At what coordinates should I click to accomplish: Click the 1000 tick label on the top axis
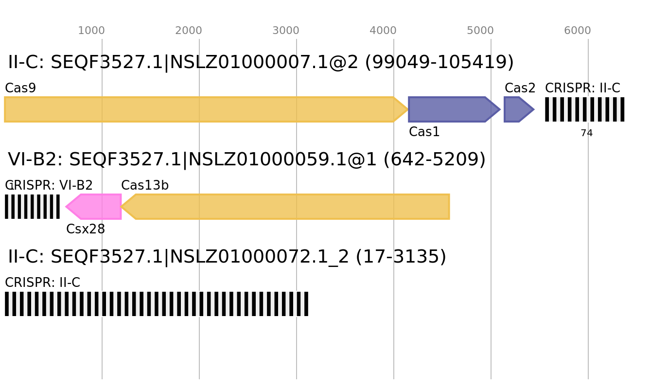point(91,31)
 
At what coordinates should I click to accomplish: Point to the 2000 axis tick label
point(189,31)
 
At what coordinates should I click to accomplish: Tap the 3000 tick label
point(286,31)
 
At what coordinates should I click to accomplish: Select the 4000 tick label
point(383,31)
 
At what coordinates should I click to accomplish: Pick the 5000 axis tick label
point(480,31)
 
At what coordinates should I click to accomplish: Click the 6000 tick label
point(578,31)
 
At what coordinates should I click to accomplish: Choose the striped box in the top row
point(584,109)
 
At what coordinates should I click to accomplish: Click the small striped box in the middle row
point(32,207)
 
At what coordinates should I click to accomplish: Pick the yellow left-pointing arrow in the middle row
point(287,207)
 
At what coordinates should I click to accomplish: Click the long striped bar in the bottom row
point(157,304)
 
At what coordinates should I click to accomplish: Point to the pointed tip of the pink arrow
point(66,207)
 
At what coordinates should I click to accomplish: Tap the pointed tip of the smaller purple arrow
point(534,109)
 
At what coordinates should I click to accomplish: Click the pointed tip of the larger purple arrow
point(500,109)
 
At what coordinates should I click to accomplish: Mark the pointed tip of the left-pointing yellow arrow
point(122,207)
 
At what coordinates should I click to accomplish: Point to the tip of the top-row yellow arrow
point(408,109)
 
